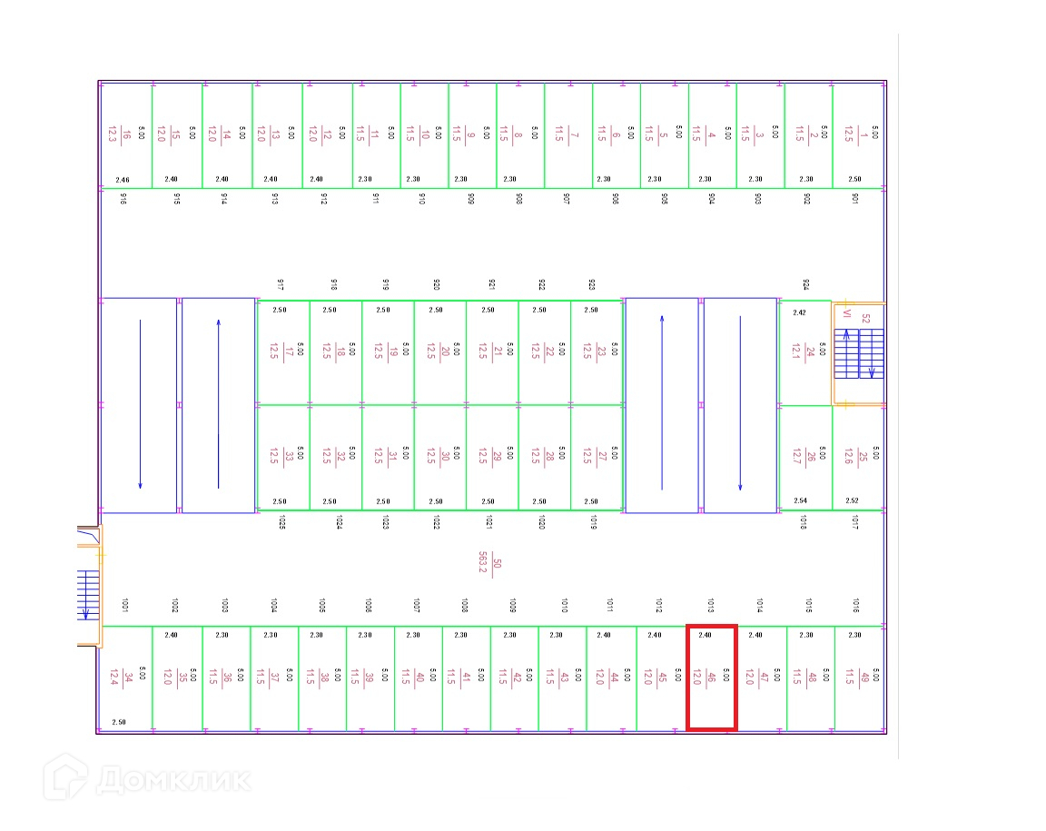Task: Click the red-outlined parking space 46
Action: pos(711,678)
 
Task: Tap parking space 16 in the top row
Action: pos(125,136)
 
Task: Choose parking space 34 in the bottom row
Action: pos(126,678)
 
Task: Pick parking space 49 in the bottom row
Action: pos(858,678)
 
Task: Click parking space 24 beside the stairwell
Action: pos(805,352)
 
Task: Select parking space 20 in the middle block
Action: pos(440,351)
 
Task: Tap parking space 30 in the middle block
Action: pos(440,457)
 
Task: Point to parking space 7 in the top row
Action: pos(567,136)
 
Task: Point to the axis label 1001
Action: pos(124,605)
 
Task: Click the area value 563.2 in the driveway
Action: pos(484,564)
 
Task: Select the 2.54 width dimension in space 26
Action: pos(800,501)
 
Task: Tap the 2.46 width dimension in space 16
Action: pos(123,180)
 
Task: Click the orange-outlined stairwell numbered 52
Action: pos(859,353)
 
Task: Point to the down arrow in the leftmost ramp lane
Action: pos(140,405)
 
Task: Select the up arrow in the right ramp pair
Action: pos(662,405)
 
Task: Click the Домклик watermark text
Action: pos(173,779)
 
